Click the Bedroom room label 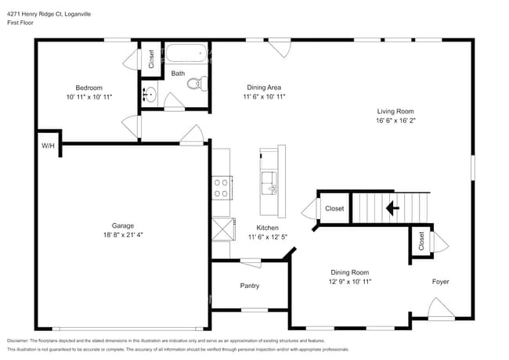(x=88, y=88)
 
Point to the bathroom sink (x=150, y=95)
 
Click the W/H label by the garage (x=48, y=145)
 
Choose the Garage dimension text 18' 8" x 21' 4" (x=121, y=233)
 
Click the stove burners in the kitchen (x=221, y=187)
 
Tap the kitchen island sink (x=269, y=182)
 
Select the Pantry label (x=249, y=286)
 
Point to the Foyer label (x=440, y=281)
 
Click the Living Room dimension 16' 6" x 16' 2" (x=394, y=121)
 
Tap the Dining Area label (x=264, y=88)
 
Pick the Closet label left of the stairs (x=334, y=208)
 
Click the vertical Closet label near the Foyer (x=421, y=240)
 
